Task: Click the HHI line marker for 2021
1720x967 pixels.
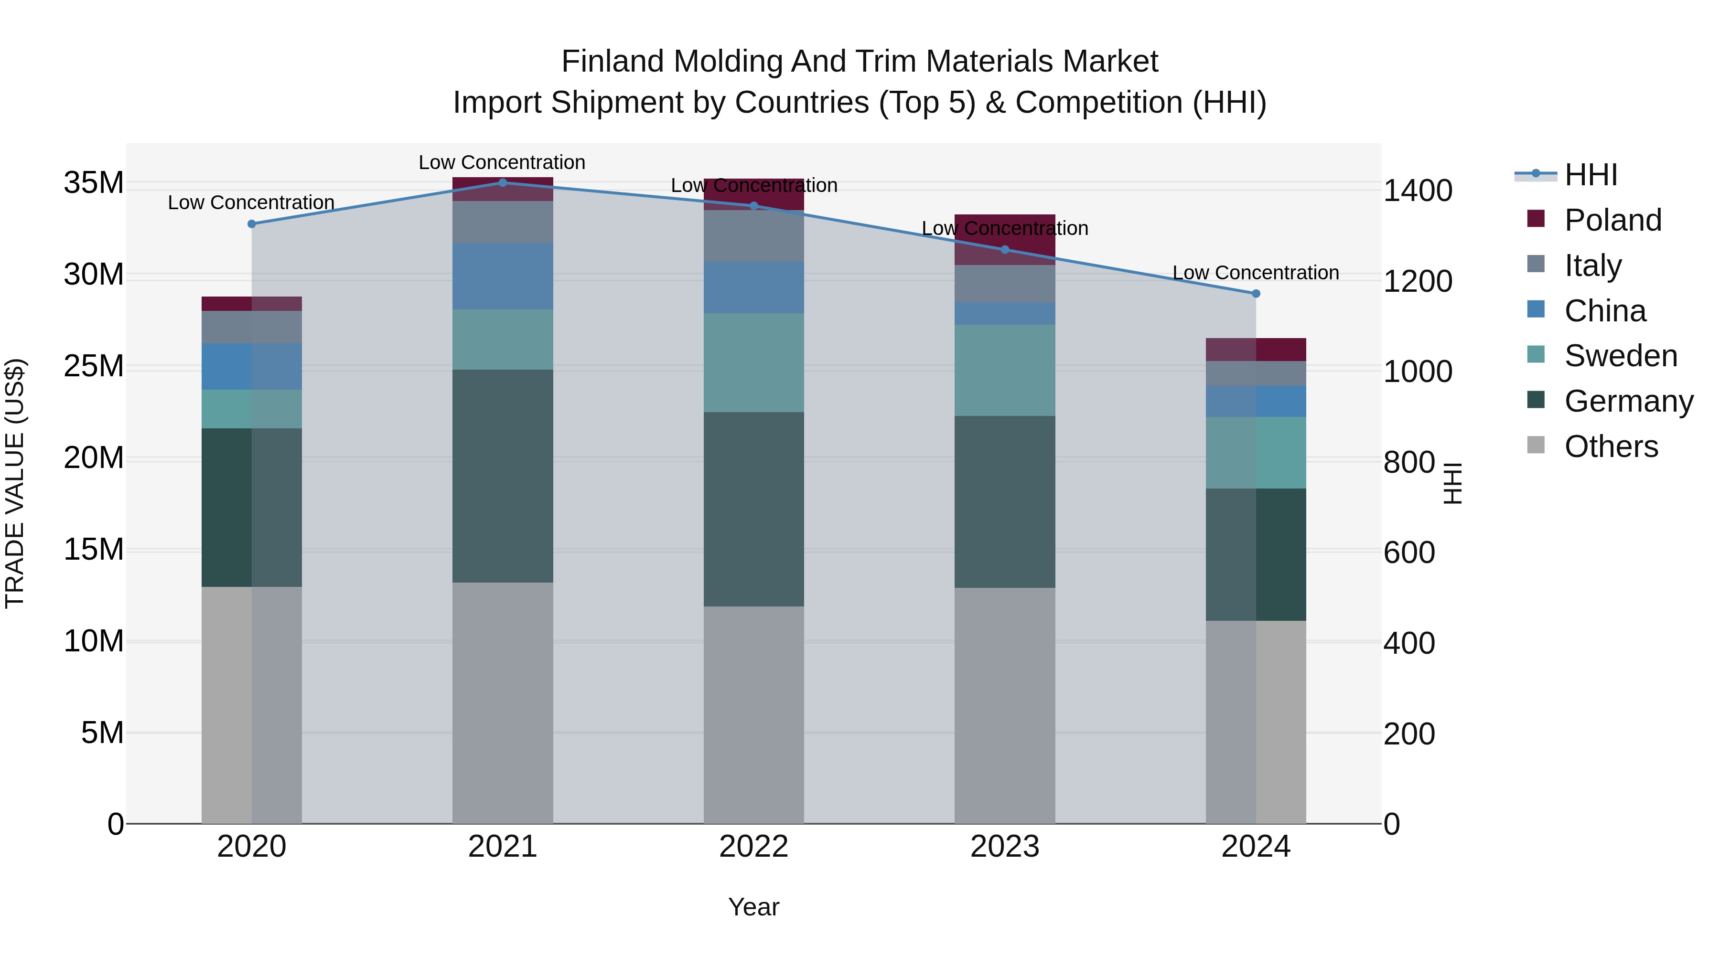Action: pyautogui.click(x=503, y=182)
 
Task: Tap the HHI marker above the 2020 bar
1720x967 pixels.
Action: pyautogui.click(x=252, y=224)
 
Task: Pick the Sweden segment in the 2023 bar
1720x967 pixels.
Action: pyautogui.click(x=1004, y=371)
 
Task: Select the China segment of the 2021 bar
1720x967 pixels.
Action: pyautogui.click(x=503, y=276)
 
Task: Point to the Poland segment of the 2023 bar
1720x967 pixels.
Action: pyautogui.click(x=1004, y=240)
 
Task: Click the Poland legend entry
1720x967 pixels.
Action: pyautogui.click(x=1612, y=220)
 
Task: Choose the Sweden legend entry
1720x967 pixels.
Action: pyautogui.click(x=1621, y=356)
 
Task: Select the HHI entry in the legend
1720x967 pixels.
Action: pyautogui.click(x=1591, y=175)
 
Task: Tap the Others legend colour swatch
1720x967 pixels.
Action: pyautogui.click(x=1536, y=445)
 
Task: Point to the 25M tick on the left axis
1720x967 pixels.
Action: pyautogui.click(x=94, y=366)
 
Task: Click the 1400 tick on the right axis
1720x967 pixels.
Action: pyautogui.click(x=1418, y=191)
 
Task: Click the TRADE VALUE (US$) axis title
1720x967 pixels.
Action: pyautogui.click(x=15, y=483)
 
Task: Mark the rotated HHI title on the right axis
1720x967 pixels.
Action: pyautogui.click(x=1453, y=483)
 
